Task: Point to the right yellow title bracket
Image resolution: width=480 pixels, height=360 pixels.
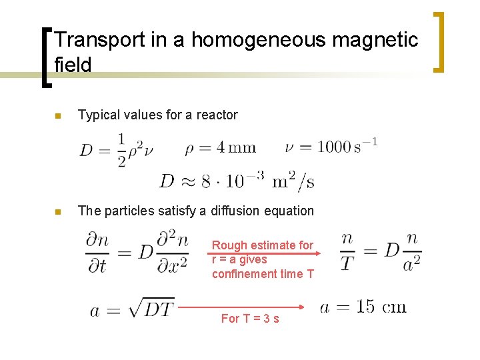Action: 439,41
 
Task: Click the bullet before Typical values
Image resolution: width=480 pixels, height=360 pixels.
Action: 57,116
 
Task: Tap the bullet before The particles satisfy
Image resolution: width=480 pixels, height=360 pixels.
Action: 57,212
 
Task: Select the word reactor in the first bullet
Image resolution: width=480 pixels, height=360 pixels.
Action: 216,115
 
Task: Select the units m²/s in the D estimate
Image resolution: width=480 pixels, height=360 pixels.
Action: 294,179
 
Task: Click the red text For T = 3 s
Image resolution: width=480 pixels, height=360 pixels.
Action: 250,319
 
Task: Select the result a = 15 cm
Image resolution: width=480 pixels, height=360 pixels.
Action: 363,307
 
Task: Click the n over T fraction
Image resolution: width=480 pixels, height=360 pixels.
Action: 347,253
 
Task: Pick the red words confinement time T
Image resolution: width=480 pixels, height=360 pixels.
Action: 263,273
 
